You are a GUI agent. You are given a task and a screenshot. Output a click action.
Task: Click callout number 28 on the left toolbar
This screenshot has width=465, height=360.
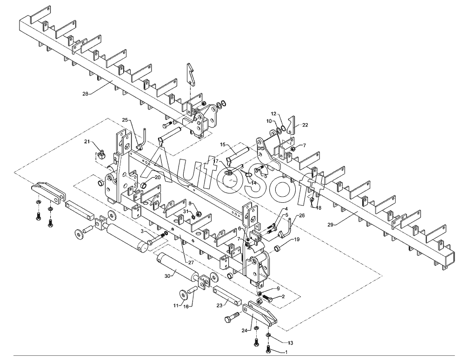point(85,93)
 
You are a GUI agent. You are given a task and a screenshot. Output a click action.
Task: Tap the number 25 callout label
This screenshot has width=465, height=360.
point(125,120)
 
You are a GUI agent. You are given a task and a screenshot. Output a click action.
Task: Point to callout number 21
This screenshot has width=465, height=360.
point(87,142)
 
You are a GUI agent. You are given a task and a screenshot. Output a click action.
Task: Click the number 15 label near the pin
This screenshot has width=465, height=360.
point(223,145)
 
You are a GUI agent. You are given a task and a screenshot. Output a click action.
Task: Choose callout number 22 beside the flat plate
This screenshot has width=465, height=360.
point(305,125)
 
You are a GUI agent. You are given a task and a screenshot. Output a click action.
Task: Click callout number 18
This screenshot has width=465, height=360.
point(319,208)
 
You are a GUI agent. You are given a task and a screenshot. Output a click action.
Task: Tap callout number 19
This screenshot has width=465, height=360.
point(297,240)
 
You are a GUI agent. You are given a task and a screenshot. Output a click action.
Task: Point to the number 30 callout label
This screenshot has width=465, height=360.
point(168,275)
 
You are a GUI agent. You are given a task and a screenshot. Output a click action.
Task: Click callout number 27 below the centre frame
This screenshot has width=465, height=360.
point(191,262)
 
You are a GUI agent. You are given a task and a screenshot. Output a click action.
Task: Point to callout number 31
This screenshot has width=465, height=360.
point(185,212)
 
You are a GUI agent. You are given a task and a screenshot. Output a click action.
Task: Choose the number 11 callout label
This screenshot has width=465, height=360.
point(176,306)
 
